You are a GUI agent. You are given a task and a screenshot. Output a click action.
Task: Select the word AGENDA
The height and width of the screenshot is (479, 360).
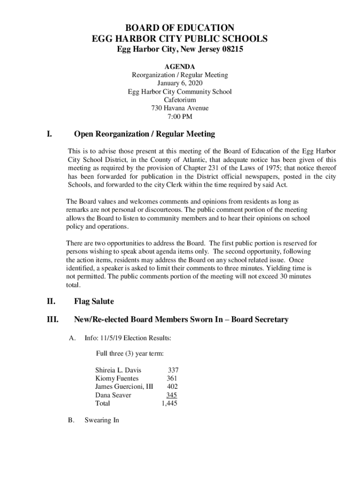[180, 66]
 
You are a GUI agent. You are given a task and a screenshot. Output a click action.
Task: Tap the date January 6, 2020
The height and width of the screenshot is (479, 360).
[180, 83]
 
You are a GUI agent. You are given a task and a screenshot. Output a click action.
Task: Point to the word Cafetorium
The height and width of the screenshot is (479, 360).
[180, 100]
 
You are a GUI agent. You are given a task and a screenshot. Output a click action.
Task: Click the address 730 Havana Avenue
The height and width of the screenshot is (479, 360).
[180, 109]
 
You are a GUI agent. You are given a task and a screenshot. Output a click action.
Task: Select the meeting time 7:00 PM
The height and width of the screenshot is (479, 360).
[180, 117]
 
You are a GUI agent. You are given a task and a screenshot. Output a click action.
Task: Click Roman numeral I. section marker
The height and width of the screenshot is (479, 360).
[49, 134]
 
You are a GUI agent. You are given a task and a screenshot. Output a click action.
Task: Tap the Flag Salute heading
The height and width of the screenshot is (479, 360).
[94, 301]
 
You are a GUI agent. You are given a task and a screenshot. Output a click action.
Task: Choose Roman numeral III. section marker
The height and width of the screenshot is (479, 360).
[52, 320]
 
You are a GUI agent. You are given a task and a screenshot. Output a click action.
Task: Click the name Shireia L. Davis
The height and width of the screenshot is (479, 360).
[118, 370]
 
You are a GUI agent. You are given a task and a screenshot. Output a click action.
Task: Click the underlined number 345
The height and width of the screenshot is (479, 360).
[172, 395]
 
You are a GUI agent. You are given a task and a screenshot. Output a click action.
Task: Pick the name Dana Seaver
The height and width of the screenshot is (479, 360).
[113, 395]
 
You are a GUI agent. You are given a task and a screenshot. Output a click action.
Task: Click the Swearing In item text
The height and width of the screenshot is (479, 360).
[101, 420]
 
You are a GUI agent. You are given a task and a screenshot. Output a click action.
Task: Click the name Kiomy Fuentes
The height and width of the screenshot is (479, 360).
[116, 378]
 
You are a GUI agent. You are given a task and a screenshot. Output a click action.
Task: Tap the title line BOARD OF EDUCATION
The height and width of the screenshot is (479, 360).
[180, 28]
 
